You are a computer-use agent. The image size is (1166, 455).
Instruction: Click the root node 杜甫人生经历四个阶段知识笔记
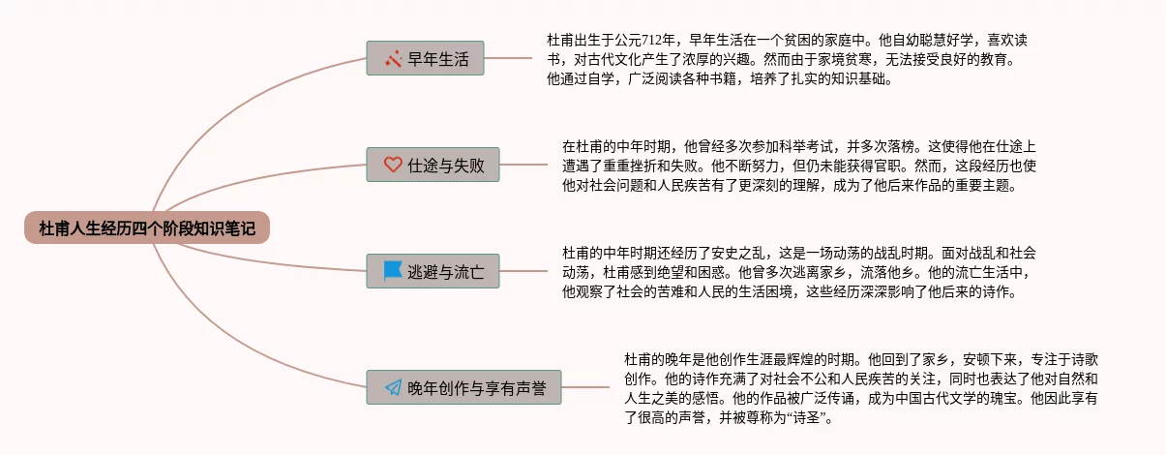tap(147, 228)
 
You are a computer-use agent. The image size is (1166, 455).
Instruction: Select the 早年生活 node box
tap(426, 58)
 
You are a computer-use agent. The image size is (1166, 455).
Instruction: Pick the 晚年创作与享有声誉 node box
tap(464, 387)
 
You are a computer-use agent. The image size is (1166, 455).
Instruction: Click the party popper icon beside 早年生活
tap(393, 58)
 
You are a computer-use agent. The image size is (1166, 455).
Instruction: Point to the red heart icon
tap(393, 165)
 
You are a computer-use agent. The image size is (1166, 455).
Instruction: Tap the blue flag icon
tap(393, 271)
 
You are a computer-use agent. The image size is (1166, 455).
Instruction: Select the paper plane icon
tap(393, 387)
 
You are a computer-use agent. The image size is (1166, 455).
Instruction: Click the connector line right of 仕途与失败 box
tap(523, 165)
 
